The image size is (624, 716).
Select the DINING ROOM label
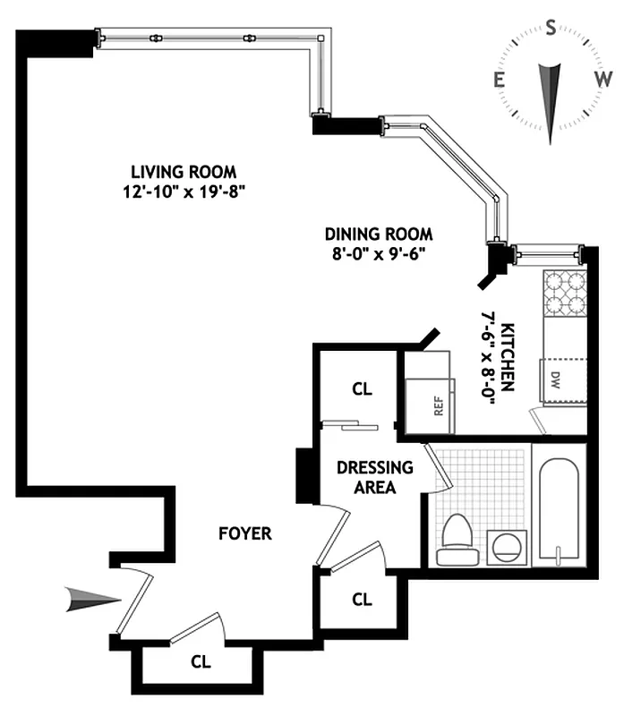click(x=378, y=234)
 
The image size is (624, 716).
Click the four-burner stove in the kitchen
click(x=564, y=293)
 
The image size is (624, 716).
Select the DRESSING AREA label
click(x=374, y=477)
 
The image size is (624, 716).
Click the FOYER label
click(x=244, y=534)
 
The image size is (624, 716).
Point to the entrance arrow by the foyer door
click(x=92, y=601)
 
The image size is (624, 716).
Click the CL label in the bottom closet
click(x=201, y=662)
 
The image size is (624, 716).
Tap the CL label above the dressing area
click(x=361, y=390)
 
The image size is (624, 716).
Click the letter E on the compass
click(x=498, y=81)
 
